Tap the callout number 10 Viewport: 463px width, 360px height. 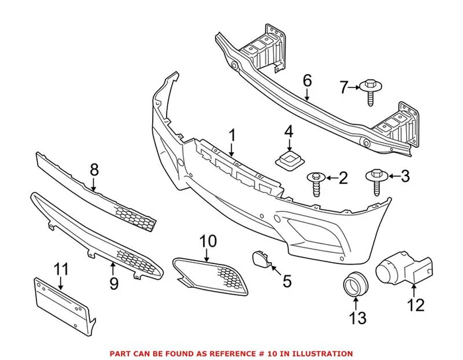pyautogui.click(x=208, y=242)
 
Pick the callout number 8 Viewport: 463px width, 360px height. pyautogui.click(x=94, y=170)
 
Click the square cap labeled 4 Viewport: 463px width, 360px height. pyautogui.click(x=288, y=159)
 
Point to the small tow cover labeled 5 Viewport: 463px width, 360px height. pyautogui.click(x=257, y=259)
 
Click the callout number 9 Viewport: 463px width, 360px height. pyautogui.click(x=114, y=284)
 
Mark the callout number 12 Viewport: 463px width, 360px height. pyautogui.click(x=415, y=305)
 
